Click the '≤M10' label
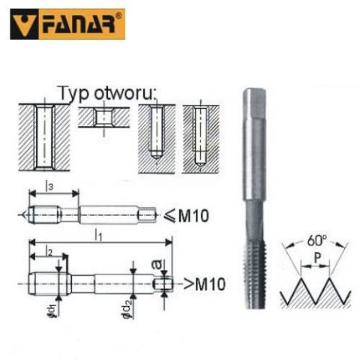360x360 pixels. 188,217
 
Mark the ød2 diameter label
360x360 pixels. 131,309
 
